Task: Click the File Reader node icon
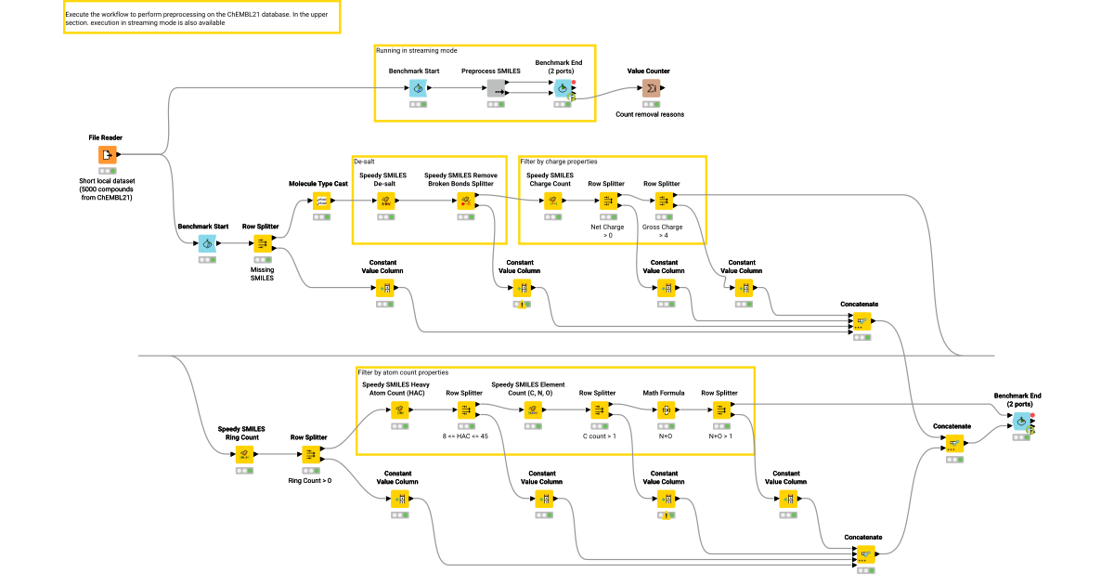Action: coord(107,155)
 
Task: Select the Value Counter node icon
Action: coord(654,88)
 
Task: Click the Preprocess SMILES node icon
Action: coord(497,88)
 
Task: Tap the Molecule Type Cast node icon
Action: coord(321,201)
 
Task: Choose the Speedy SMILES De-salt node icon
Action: coord(384,201)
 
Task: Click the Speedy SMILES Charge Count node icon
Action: coord(551,201)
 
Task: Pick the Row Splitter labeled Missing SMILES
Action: coord(261,243)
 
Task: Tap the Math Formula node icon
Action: coord(664,409)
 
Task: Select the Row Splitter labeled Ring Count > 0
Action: coord(309,454)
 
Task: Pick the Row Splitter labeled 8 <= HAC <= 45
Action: coord(464,409)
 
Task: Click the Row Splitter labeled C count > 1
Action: coord(598,409)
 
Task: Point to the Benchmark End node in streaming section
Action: coord(561,88)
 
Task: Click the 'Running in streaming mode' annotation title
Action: coord(416,50)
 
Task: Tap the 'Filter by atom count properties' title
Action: coord(403,372)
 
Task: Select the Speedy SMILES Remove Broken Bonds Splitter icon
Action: coord(464,201)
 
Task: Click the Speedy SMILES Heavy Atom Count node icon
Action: coord(398,409)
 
